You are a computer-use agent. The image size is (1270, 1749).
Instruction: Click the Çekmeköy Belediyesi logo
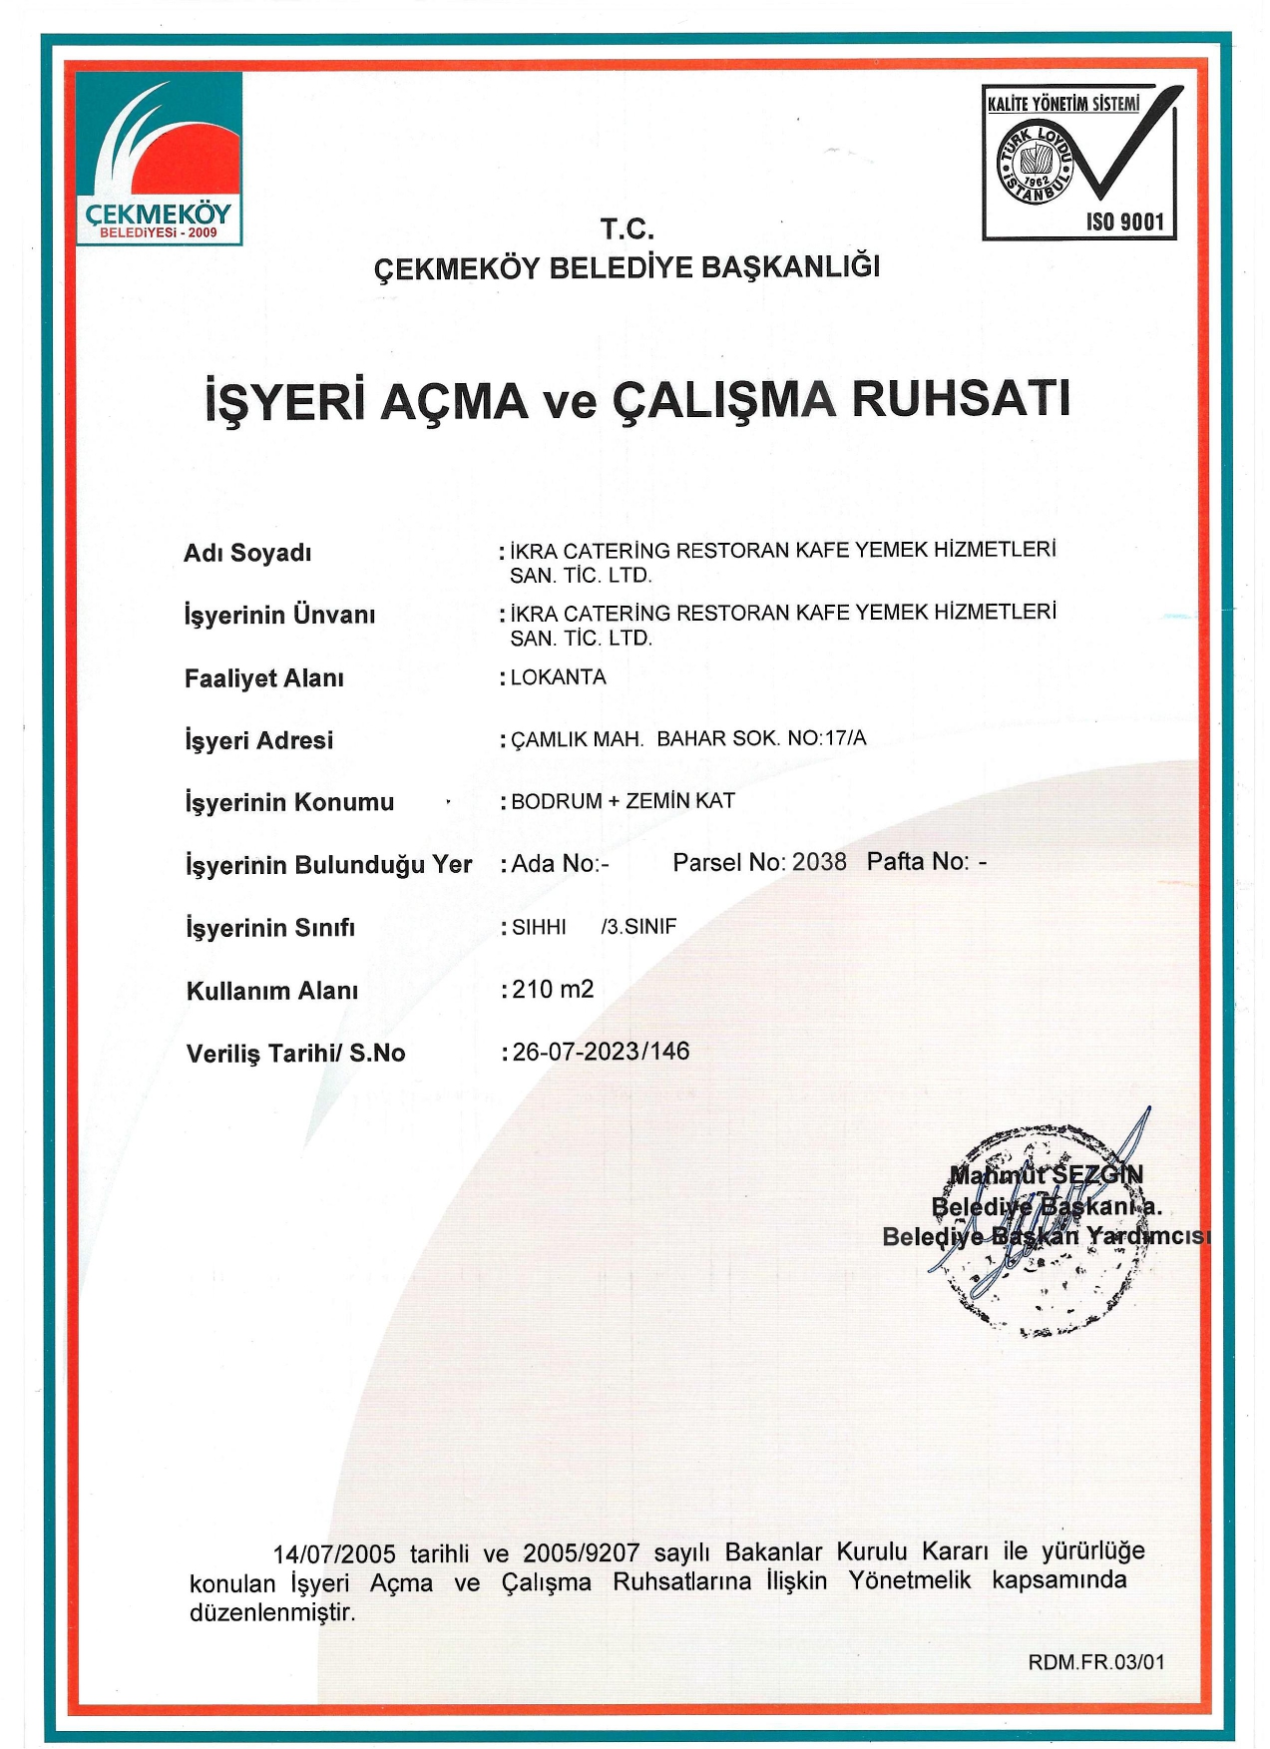coord(159,159)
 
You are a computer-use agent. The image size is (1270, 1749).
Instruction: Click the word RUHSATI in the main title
coord(961,399)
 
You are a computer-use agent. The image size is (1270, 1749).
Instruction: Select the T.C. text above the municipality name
coord(627,230)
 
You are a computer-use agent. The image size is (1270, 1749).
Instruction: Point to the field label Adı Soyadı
coord(247,553)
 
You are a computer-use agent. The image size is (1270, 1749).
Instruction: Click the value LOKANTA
coord(558,677)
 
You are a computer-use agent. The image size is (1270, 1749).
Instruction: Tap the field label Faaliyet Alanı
coord(263,678)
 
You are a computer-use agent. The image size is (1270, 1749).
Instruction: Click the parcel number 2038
coord(818,862)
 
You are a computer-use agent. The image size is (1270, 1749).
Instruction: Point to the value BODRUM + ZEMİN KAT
coord(623,801)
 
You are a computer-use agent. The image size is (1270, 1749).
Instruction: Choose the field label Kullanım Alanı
coord(271,991)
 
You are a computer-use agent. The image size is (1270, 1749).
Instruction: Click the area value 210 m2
coord(553,989)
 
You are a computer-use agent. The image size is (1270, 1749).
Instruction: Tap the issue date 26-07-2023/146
coord(601,1052)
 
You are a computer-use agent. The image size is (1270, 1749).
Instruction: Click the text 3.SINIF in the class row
coord(640,927)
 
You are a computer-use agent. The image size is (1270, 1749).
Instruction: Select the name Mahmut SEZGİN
coord(1046,1174)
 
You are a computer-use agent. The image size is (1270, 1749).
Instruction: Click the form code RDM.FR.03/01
coord(1096,1662)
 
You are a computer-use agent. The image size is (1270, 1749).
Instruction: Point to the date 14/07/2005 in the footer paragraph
coord(334,1554)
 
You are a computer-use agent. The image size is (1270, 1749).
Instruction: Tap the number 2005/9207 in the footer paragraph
coord(581,1553)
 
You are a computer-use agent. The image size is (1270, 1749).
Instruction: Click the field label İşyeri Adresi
coord(258,740)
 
